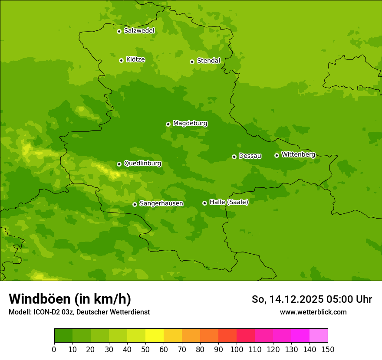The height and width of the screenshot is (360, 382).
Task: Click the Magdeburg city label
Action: click(190, 124)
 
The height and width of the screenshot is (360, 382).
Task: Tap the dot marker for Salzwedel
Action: click(119, 31)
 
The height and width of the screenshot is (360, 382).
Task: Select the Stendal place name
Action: click(208, 61)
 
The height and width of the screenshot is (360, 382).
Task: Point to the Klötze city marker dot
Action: click(121, 60)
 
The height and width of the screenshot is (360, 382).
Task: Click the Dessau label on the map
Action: click(250, 156)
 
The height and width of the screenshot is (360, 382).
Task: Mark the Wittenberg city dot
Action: click(277, 155)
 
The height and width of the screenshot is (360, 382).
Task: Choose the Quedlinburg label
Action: click(142, 164)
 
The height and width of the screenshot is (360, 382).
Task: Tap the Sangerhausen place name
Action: click(161, 203)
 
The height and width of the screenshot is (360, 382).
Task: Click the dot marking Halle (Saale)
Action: click(204, 203)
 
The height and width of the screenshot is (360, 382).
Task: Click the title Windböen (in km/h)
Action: click(70, 299)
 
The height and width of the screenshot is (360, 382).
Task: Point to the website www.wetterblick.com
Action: click(313, 312)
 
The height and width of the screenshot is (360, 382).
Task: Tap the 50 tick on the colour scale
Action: click(145, 349)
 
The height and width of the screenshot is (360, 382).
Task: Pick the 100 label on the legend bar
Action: click(236, 349)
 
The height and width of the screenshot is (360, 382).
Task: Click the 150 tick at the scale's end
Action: click(327, 349)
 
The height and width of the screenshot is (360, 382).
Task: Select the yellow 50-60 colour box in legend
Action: click(154, 336)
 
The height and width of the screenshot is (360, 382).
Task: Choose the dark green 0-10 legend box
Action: click(63, 336)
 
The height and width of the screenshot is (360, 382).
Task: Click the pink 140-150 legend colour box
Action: click(318, 336)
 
